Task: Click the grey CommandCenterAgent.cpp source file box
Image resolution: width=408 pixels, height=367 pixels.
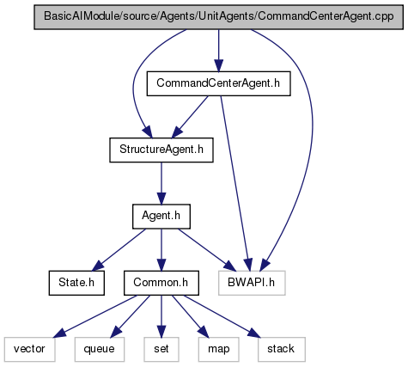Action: click(x=219, y=17)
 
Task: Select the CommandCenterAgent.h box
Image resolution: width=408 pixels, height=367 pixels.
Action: click(x=219, y=83)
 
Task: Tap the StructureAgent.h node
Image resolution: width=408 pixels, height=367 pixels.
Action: click(x=161, y=150)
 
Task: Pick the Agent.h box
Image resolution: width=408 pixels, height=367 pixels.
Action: click(x=161, y=217)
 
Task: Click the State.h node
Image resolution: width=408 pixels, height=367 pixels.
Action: click(x=76, y=283)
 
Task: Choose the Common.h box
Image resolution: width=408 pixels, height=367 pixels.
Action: click(x=161, y=283)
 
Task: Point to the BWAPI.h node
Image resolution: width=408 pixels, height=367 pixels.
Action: click(x=252, y=283)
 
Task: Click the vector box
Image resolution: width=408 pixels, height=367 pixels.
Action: click(x=29, y=349)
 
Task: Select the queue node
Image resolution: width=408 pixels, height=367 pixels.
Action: click(x=100, y=349)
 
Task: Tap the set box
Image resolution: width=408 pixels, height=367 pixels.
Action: click(x=161, y=349)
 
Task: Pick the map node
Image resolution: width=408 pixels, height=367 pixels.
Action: click(x=219, y=349)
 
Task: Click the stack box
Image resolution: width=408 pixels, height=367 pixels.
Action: click(x=281, y=349)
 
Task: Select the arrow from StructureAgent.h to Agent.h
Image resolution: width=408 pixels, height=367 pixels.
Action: click(x=161, y=183)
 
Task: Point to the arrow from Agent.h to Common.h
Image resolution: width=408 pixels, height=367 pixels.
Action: click(x=161, y=249)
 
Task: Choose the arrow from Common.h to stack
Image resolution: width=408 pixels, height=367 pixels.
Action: click(x=222, y=316)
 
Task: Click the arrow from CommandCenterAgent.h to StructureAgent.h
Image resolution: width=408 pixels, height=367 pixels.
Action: click(x=190, y=117)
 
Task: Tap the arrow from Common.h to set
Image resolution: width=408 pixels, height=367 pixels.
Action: click(x=161, y=316)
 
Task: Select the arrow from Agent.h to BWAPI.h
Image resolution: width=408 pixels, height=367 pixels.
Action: click(x=207, y=249)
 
